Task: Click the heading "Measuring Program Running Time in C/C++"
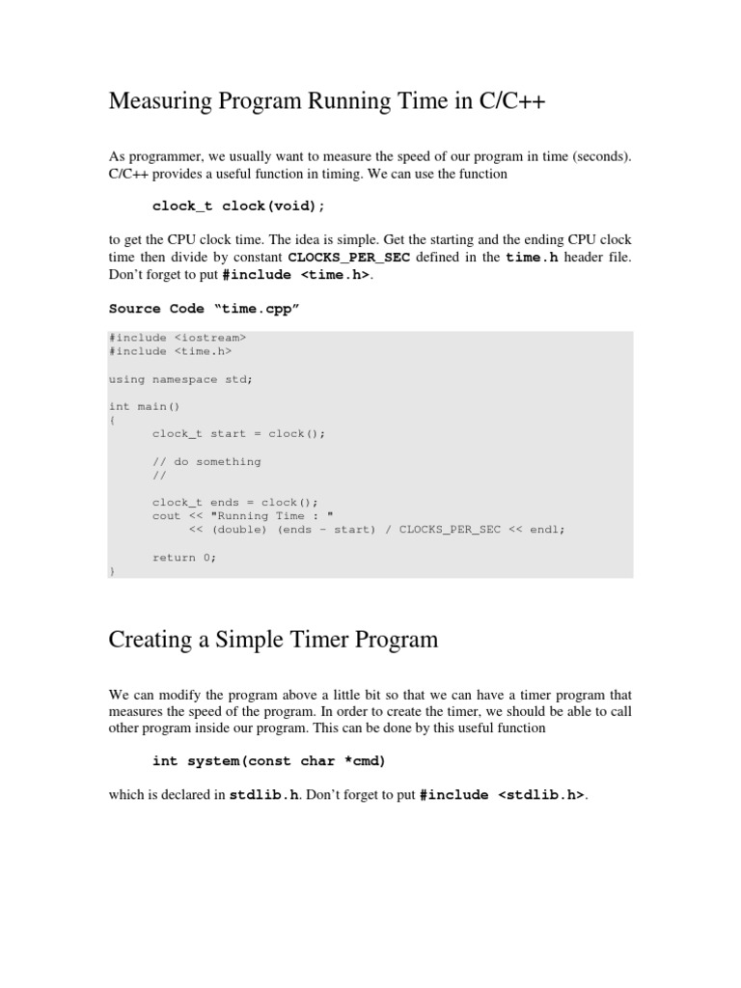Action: pos(327,101)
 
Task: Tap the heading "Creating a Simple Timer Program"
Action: pos(273,639)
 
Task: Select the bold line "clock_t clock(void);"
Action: pos(239,206)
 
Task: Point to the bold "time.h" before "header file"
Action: pos(533,258)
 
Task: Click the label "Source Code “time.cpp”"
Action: pos(205,309)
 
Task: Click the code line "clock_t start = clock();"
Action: pos(238,433)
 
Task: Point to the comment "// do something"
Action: pos(206,461)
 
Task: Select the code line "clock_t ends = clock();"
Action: pos(234,503)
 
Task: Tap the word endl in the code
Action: pos(548,530)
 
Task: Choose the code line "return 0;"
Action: pos(184,558)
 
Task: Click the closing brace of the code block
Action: pos(112,571)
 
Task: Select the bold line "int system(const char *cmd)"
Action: pos(269,761)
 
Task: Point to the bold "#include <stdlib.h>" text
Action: pos(503,796)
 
